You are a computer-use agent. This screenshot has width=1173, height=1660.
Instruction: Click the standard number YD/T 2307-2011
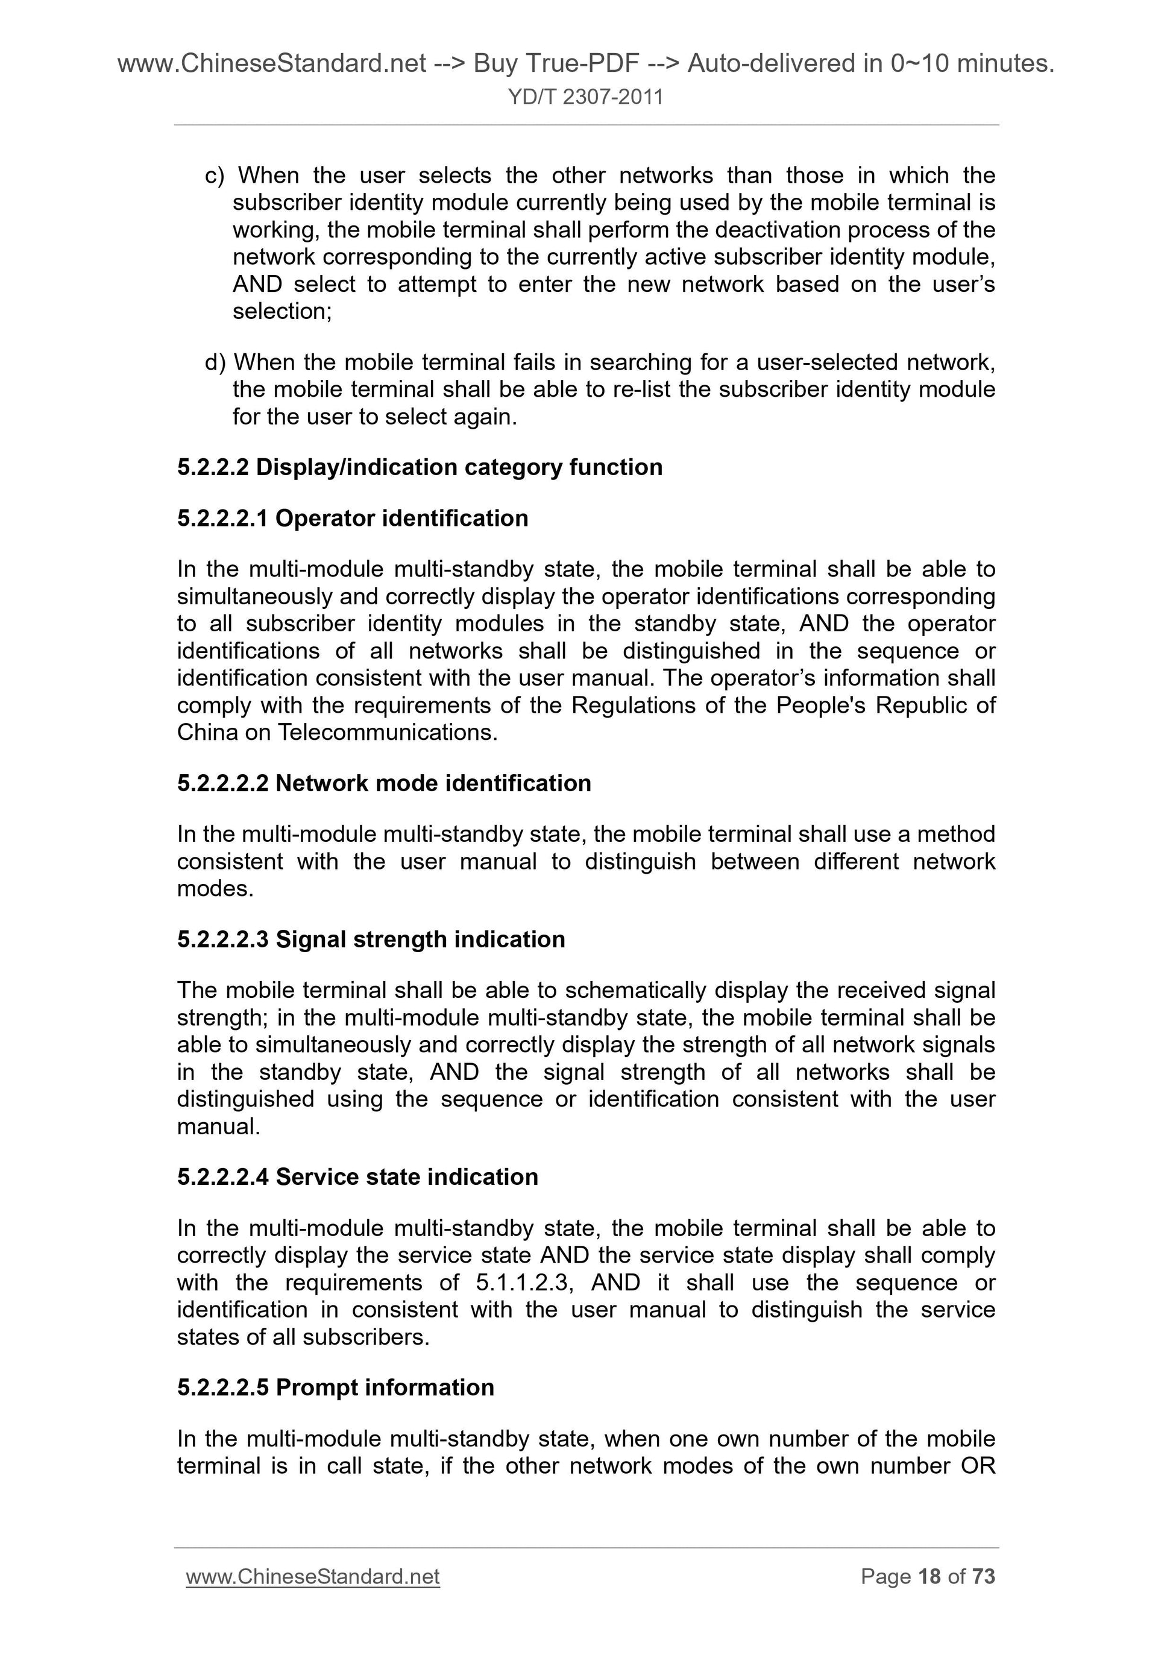coord(585,97)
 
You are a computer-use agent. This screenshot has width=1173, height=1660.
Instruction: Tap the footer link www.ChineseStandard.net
coord(312,1576)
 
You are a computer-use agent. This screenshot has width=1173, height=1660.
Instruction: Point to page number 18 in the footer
coord(929,1576)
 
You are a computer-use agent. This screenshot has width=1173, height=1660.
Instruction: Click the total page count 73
coord(983,1576)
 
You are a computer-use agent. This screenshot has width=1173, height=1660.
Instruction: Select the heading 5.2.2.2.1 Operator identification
coord(353,519)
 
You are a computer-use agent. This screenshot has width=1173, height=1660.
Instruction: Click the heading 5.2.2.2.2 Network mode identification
coord(384,783)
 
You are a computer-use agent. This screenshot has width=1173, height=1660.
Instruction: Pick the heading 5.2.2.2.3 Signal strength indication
coord(371,939)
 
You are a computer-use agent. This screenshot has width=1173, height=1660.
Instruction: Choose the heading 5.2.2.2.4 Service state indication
coord(358,1176)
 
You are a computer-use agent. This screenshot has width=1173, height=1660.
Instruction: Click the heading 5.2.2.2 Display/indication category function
coord(420,467)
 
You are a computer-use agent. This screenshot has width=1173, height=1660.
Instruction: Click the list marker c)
coord(215,175)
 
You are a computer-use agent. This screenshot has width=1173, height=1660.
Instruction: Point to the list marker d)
coord(215,362)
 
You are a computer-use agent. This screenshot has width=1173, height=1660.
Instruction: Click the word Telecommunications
coord(388,733)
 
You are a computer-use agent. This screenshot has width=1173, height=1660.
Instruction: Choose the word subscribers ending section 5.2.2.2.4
coord(366,1337)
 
